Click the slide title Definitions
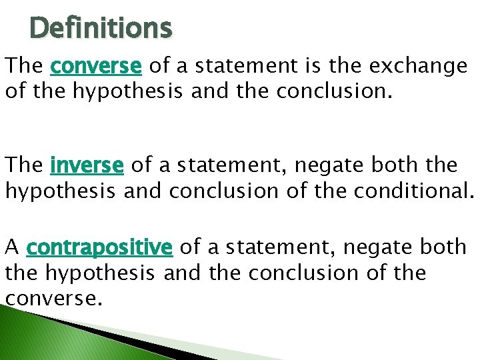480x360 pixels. (101, 29)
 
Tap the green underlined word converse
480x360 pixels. (96, 66)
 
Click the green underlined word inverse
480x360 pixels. (87, 164)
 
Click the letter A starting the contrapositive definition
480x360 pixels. (12, 247)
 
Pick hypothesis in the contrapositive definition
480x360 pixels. (101, 273)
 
